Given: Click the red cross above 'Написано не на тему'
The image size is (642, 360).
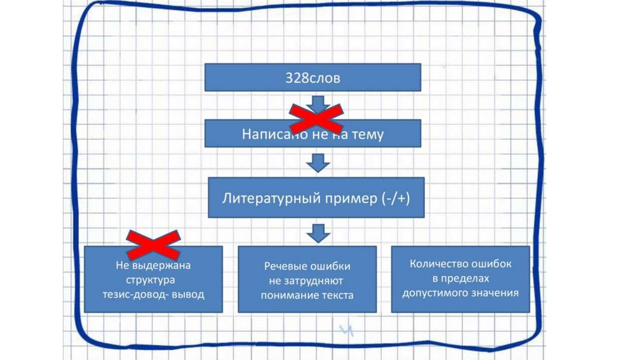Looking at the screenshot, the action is coord(316,117).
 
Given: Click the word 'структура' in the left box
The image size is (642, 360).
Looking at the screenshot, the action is coord(154,280).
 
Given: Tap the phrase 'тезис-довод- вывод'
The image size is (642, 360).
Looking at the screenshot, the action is coord(154,294).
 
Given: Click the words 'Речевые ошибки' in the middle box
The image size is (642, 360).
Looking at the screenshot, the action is coord(307,266).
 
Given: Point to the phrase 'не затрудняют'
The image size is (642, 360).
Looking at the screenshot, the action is coord(307,280).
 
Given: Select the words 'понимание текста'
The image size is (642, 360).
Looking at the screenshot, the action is coord(307,295).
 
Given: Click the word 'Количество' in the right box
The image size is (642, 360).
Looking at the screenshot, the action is coord(437,264).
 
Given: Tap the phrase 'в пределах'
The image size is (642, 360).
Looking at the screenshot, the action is coord(460,278).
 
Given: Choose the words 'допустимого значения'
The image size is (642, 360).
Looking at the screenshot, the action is coord(460,292).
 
